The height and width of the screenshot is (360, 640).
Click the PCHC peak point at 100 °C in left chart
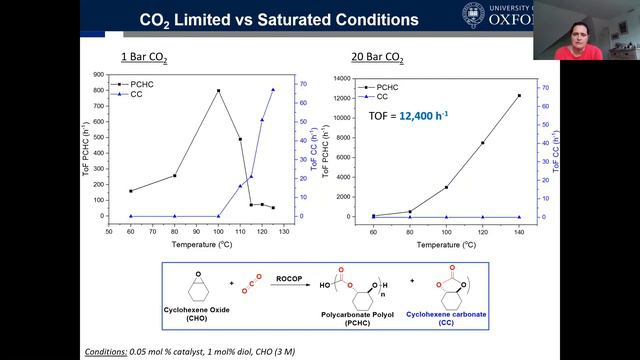pos(218,91)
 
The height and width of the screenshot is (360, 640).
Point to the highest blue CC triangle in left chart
pos(273,90)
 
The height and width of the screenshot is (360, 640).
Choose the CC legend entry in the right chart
pos(381,96)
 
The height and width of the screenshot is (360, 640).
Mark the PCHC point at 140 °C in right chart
pos(518,96)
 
